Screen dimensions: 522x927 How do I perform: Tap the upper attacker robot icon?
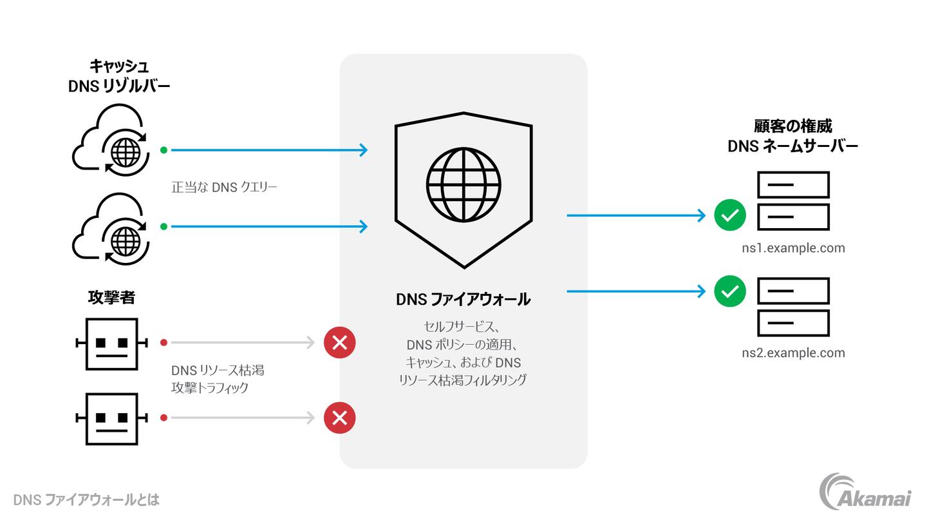coord(112,343)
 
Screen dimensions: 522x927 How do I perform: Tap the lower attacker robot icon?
coord(112,419)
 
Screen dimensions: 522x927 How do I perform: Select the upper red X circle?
coord(339,343)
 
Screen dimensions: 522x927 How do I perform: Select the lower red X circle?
coord(339,418)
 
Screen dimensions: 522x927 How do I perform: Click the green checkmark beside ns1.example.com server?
coord(729,215)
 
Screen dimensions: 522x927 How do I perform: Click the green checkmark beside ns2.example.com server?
coord(729,292)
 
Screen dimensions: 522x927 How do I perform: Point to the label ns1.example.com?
coord(792,248)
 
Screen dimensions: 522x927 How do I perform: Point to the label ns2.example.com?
coord(792,353)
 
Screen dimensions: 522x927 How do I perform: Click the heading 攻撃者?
coord(111,298)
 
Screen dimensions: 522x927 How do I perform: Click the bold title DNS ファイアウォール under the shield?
coord(463,300)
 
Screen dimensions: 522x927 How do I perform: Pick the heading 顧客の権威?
coord(792,126)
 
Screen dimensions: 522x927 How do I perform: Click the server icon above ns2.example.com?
coord(792,307)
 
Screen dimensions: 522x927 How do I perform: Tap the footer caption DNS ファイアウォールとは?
coord(86,500)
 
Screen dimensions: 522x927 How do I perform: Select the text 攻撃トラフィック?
coord(209,388)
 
